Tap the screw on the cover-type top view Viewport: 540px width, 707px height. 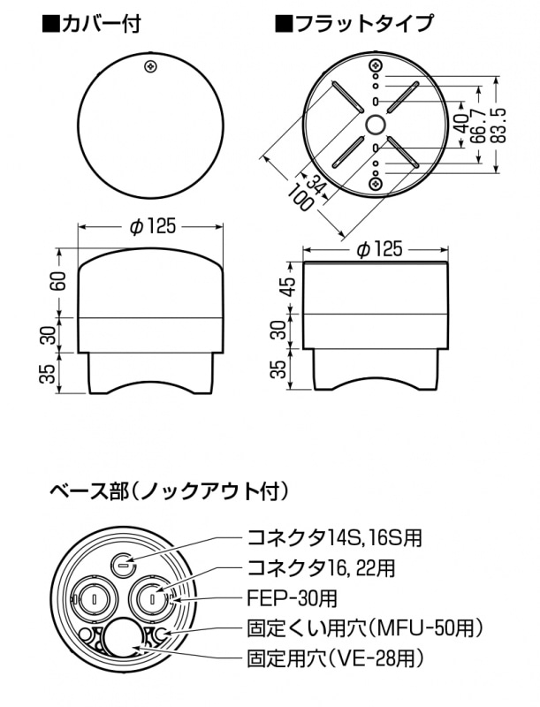click(x=151, y=66)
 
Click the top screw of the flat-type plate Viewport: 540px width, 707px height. click(x=376, y=65)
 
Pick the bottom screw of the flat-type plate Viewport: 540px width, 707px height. click(x=376, y=184)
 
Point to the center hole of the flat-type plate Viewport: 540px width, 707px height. click(x=376, y=125)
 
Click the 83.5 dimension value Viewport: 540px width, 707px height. click(x=499, y=125)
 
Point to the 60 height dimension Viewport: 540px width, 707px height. click(x=58, y=281)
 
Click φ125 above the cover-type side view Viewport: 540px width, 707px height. click(x=152, y=226)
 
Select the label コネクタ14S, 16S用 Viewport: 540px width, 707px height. click(x=335, y=537)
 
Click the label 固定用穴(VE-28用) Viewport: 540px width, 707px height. click(x=336, y=658)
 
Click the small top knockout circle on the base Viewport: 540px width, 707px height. click(x=123, y=564)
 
